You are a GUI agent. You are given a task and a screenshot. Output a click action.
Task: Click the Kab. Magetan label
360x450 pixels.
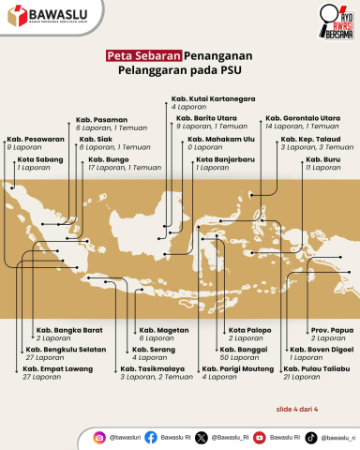point(161,331)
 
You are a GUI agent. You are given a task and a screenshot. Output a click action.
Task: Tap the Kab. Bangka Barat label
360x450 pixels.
point(68,331)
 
